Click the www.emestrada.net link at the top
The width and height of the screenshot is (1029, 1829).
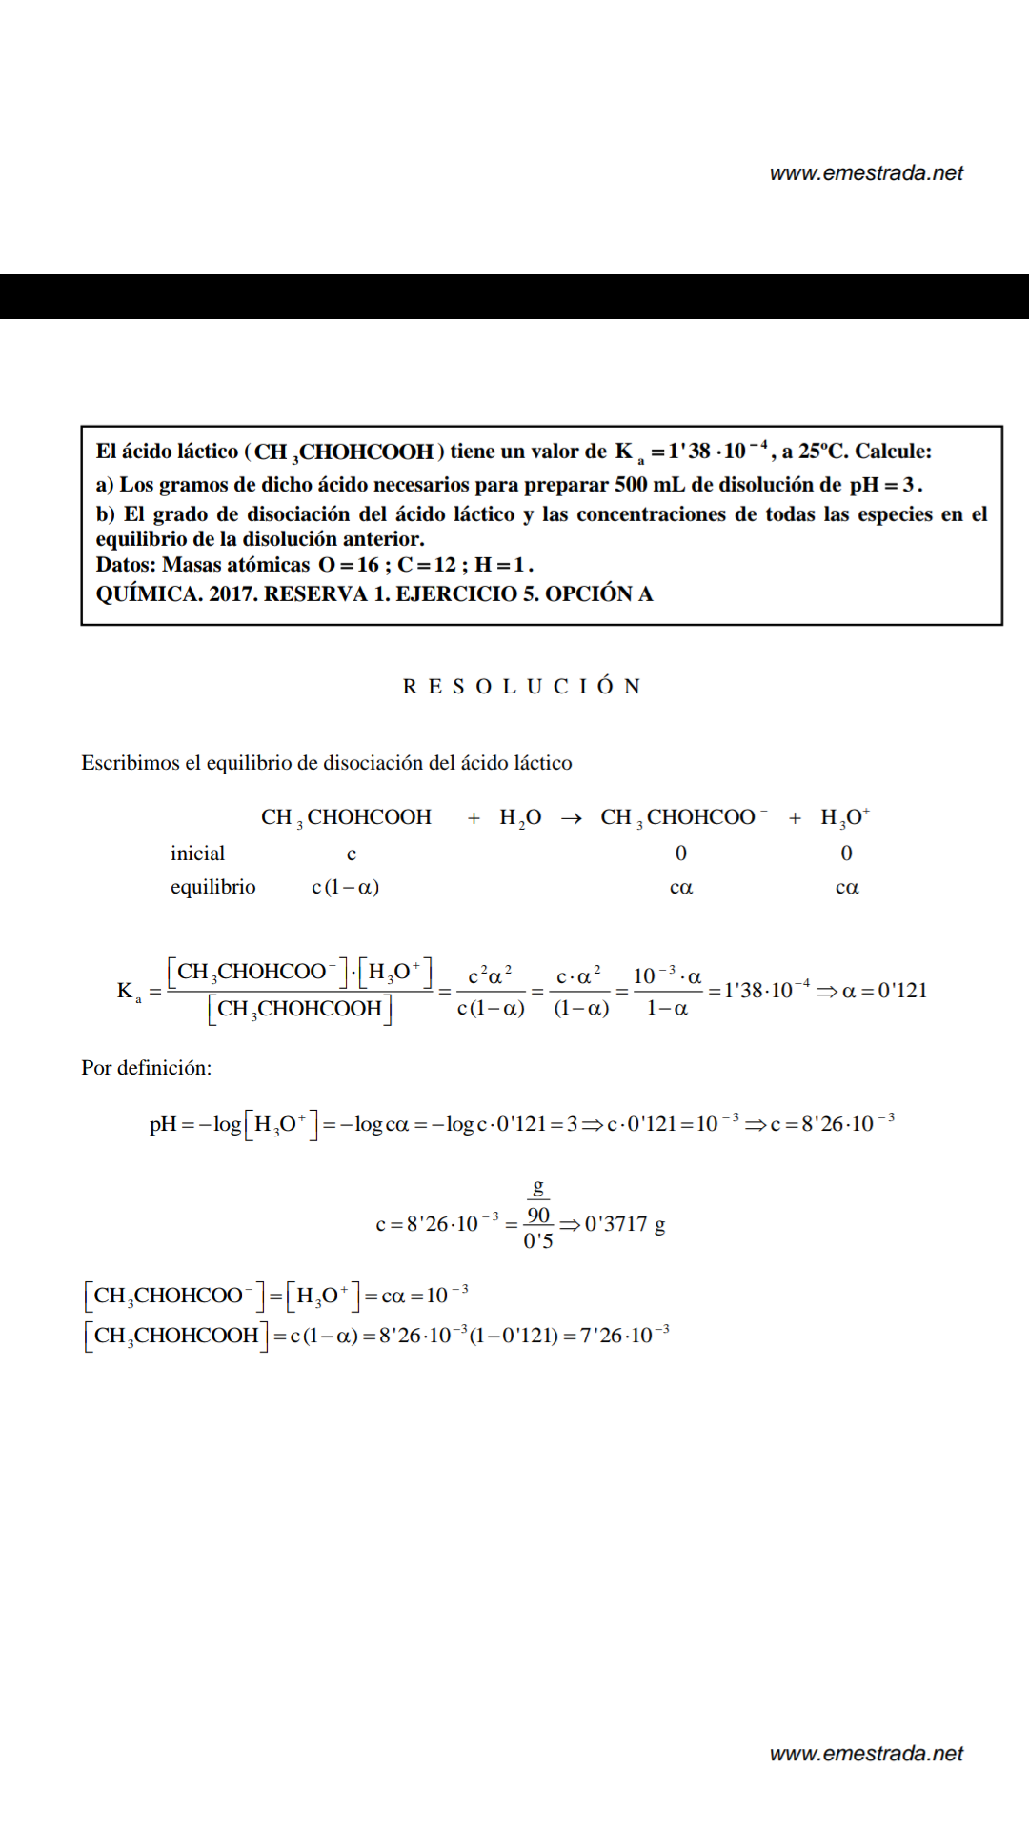pos(866,173)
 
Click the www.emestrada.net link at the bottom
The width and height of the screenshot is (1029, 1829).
pos(866,1754)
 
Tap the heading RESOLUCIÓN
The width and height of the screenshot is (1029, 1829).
pos(521,687)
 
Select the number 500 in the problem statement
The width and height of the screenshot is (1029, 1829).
pos(631,485)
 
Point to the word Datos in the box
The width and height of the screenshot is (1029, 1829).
pos(125,565)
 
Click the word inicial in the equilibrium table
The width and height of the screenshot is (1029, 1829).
pos(197,854)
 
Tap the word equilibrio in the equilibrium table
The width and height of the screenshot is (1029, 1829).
pos(212,887)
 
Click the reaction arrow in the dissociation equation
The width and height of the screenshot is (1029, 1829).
pos(572,818)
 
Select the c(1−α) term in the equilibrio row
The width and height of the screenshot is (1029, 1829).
pos(345,888)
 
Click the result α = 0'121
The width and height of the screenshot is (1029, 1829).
pos(884,991)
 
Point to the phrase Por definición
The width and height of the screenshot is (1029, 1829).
pos(146,1068)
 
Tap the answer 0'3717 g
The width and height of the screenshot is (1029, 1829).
pos(625,1224)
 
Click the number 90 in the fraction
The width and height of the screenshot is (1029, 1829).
pos(538,1216)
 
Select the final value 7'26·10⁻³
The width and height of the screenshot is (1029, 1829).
pos(624,1335)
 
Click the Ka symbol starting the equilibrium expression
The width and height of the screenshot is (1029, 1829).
pos(129,992)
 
